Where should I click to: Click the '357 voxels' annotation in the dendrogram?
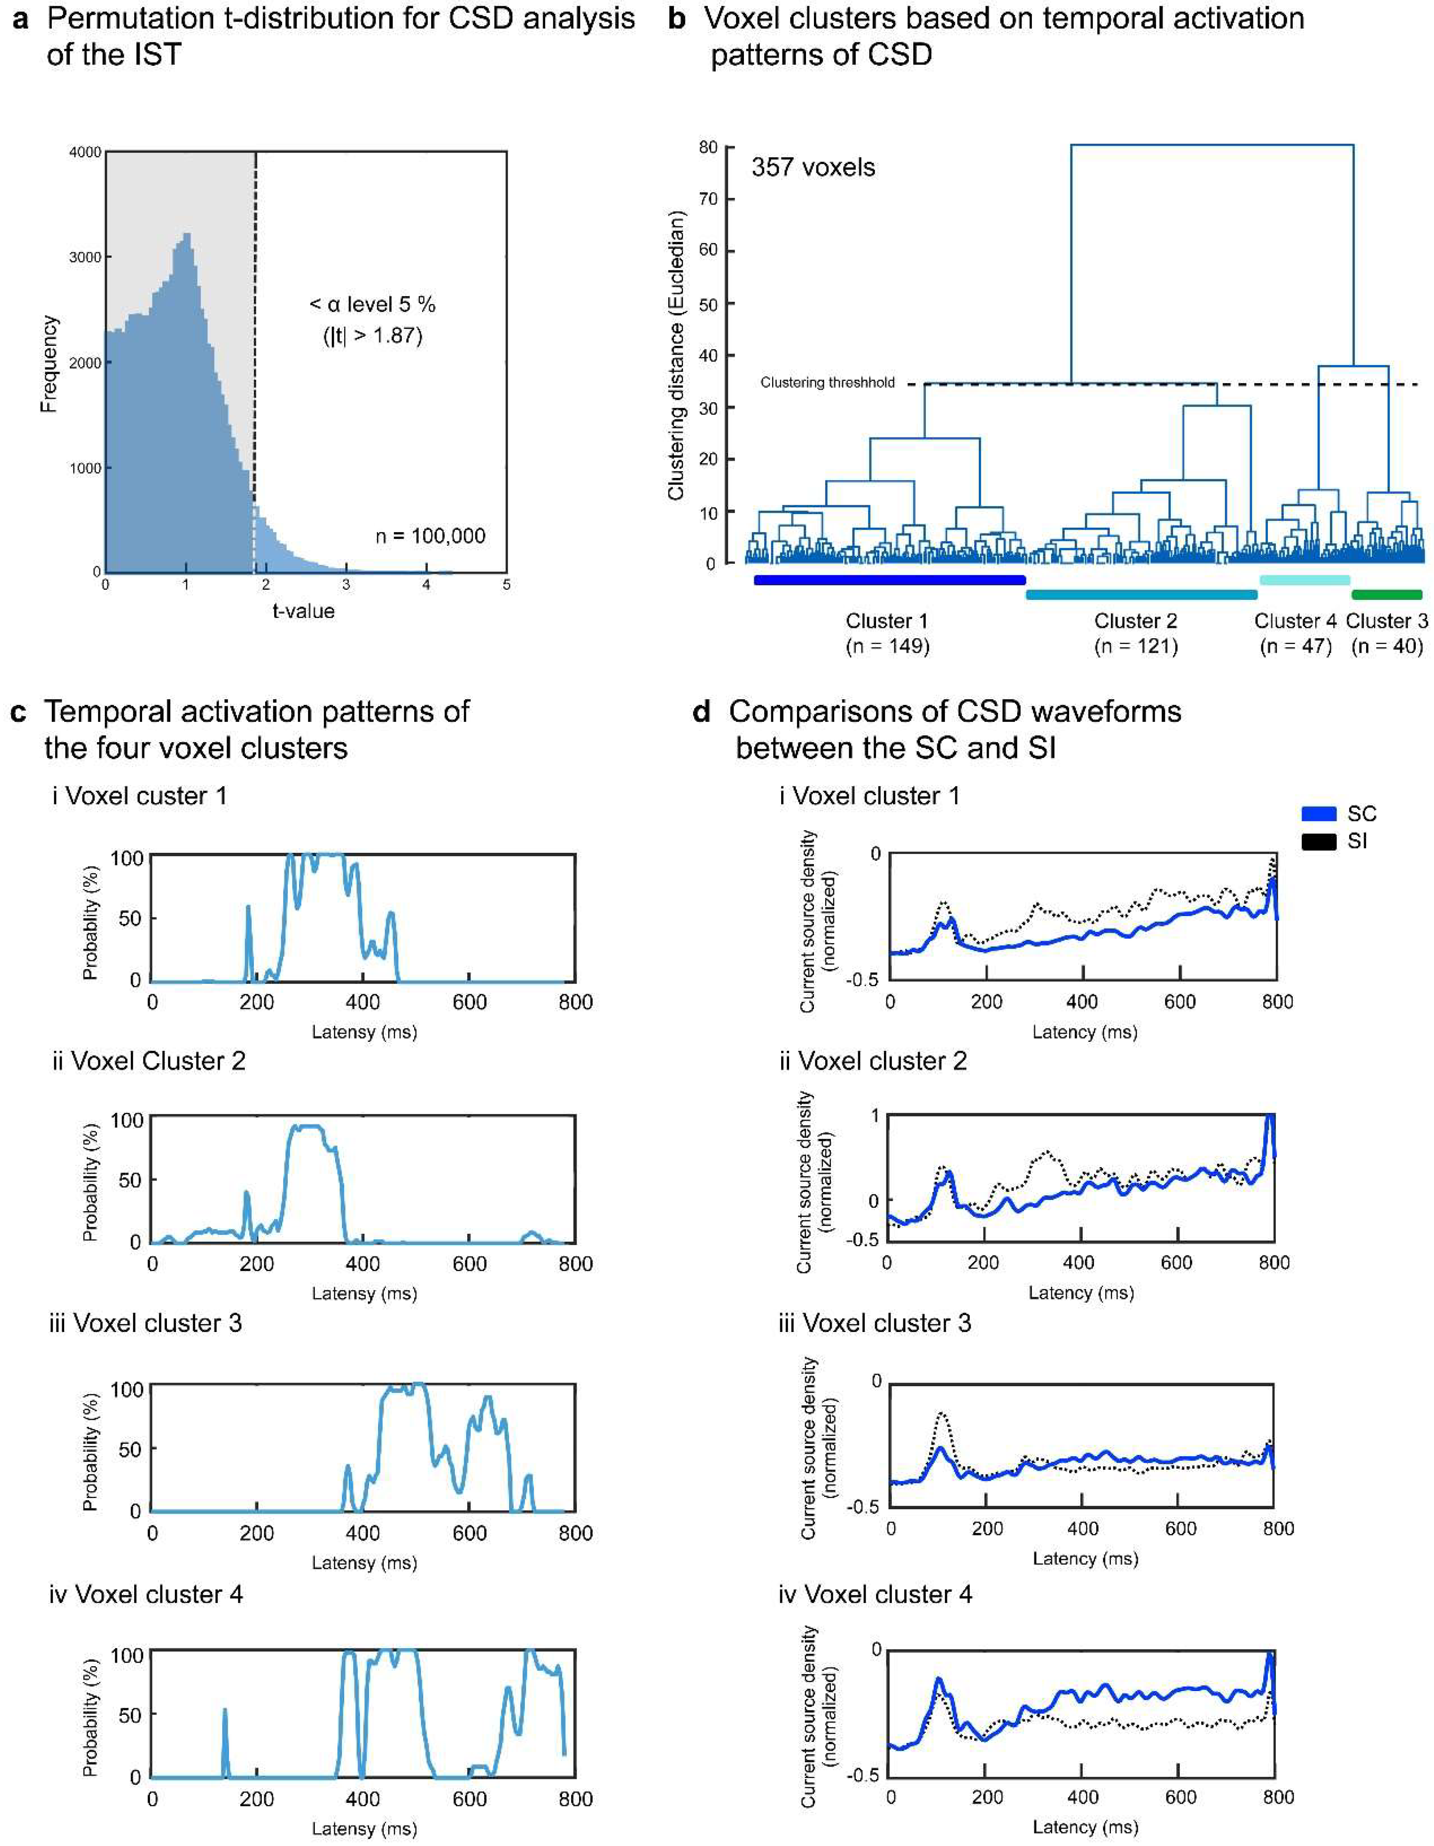813,167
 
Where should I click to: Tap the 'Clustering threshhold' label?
827,383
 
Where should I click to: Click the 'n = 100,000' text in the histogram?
430,536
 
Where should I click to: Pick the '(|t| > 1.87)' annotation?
372,335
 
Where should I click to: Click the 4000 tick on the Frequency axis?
85,152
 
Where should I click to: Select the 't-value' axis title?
303,610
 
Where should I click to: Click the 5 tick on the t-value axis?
507,584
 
